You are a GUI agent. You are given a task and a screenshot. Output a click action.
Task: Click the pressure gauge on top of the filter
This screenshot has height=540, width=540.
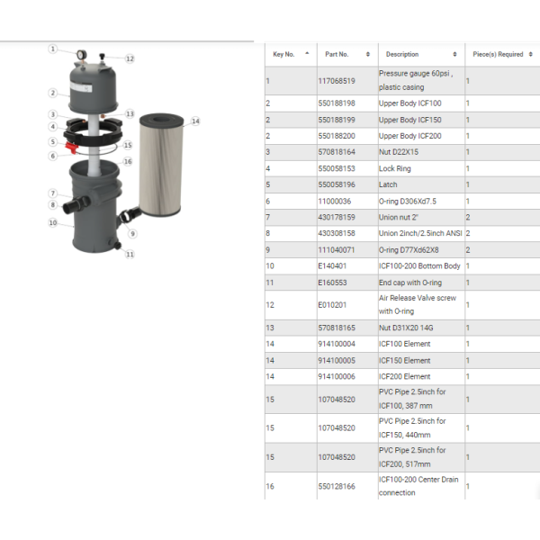(82, 54)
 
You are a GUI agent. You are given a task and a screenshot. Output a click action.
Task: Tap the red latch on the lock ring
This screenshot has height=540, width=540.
(72, 147)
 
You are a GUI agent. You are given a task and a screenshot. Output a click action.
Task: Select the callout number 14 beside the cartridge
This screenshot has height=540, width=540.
(195, 121)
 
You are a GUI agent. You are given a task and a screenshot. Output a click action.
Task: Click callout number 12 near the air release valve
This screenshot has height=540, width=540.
(130, 58)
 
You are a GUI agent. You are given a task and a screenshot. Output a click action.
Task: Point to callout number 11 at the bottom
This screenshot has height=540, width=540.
(130, 255)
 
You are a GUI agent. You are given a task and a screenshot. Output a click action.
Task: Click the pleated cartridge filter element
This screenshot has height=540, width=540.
(161, 165)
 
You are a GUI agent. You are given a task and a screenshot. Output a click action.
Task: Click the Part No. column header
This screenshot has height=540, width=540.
(337, 54)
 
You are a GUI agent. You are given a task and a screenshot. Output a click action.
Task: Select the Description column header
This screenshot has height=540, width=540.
(402, 54)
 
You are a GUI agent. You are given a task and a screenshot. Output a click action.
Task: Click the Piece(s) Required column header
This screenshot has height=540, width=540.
(498, 54)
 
